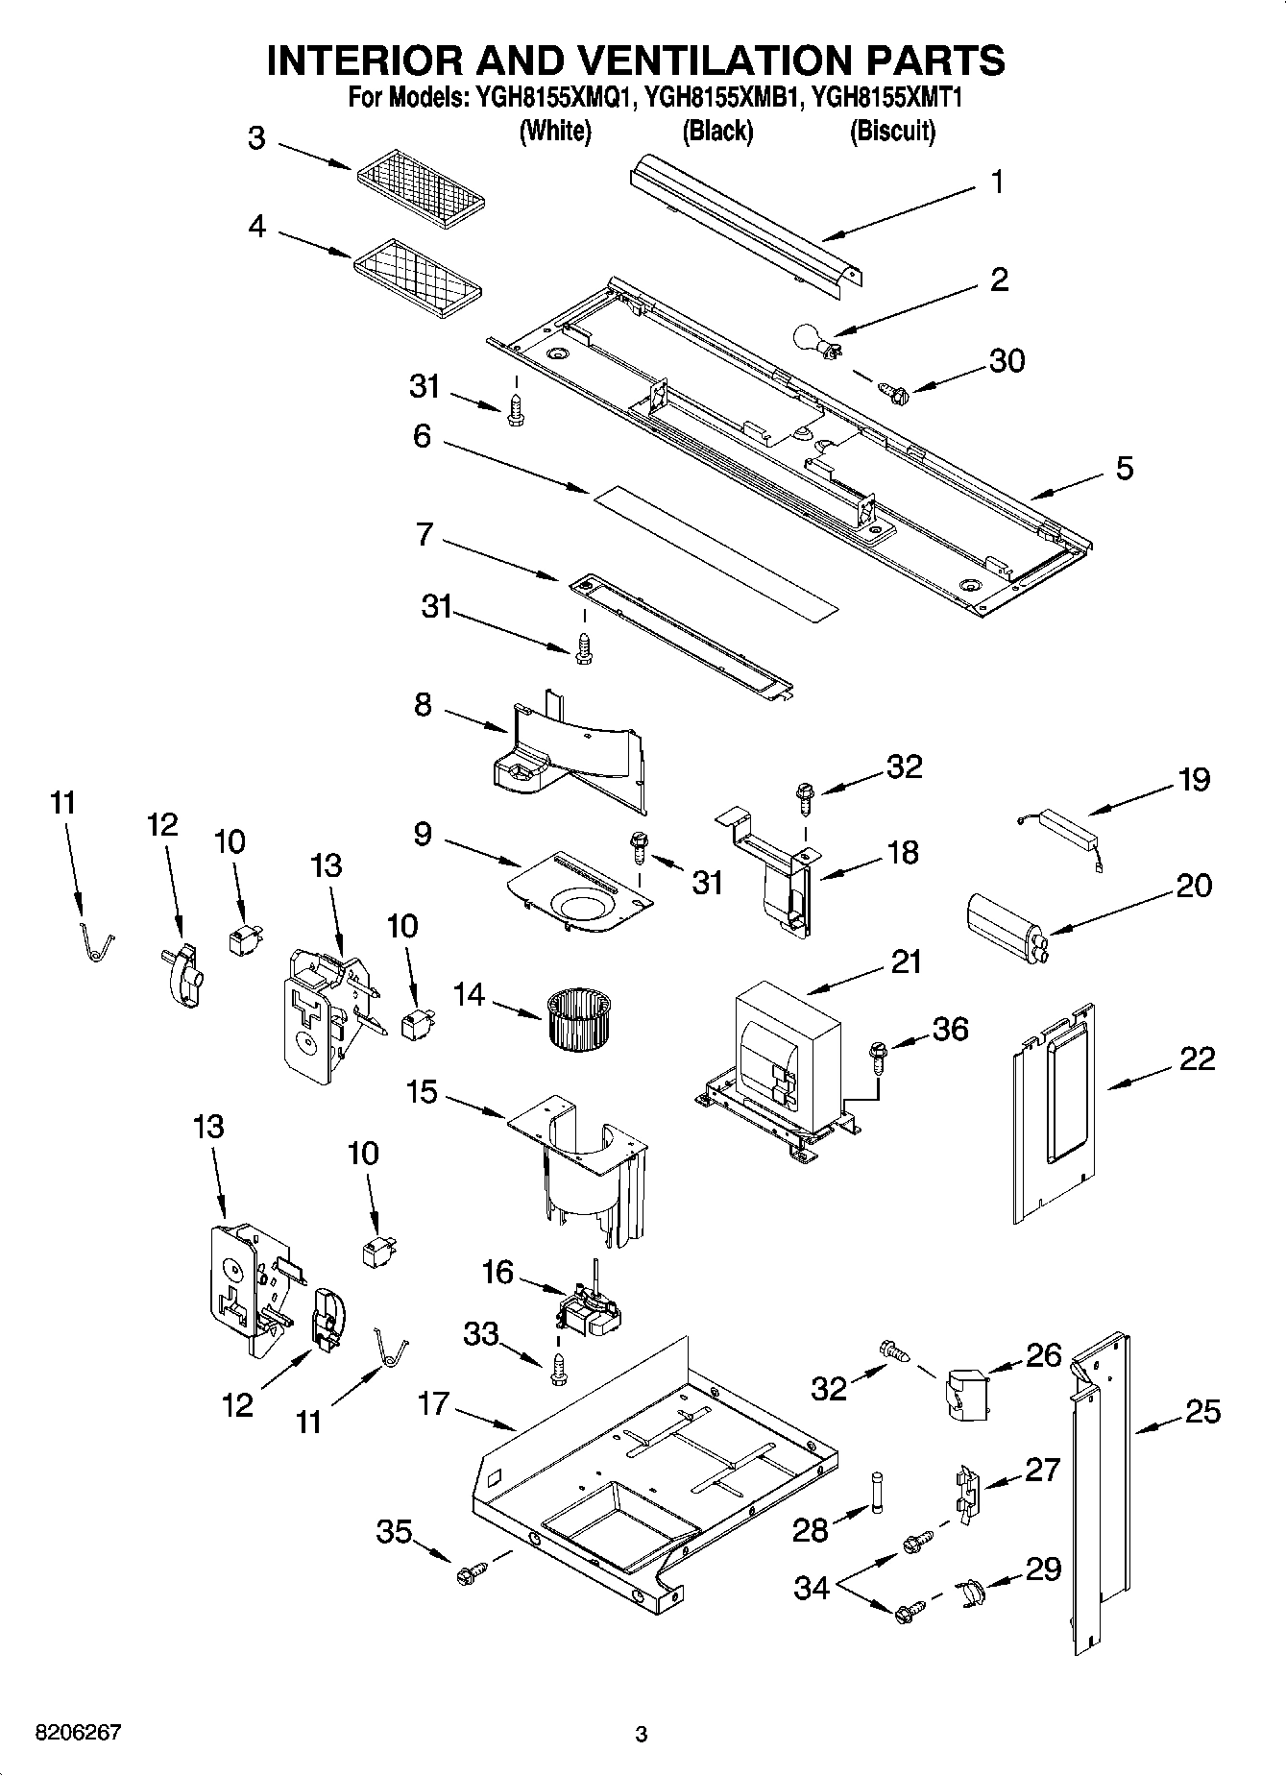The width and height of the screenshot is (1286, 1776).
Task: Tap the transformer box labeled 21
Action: tap(786, 1057)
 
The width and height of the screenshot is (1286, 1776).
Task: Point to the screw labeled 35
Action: tap(472, 1572)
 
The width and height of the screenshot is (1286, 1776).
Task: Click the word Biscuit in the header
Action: tap(891, 131)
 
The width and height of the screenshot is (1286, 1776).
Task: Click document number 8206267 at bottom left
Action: tap(78, 1733)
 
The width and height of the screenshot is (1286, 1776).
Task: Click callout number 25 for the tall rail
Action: tap(1201, 1411)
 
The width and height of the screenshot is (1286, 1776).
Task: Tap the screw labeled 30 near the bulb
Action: tap(893, 391)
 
